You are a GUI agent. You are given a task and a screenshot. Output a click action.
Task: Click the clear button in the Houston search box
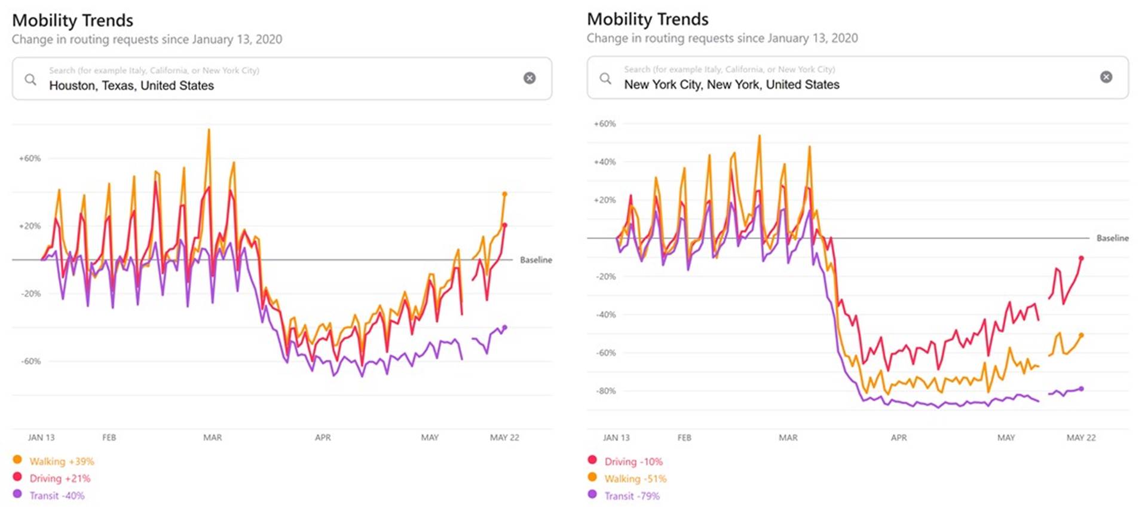(x=529, y=78)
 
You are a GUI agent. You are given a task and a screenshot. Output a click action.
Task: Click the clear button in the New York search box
(x=1106, y=77)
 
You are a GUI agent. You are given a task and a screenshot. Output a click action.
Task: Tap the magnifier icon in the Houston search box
(x=30, y=79)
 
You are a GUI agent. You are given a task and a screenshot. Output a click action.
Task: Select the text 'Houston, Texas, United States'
(x=131, y=85)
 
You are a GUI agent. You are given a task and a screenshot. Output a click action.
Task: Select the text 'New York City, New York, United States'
(x=731, y=85)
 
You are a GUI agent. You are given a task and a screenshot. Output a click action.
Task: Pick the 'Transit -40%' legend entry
(x=57, y=495)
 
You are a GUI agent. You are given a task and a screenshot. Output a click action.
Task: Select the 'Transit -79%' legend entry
(x=632, y=496)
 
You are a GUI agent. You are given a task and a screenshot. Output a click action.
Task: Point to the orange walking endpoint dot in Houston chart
(x=504, y=194)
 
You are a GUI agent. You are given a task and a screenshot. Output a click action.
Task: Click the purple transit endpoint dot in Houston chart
(x=504, y=328)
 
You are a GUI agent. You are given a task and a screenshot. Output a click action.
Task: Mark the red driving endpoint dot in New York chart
(x=1081, y=258)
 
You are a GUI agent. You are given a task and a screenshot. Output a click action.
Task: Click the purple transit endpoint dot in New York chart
(x=1081, y=389)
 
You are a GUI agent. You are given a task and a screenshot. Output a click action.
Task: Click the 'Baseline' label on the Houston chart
(x=535, y=260)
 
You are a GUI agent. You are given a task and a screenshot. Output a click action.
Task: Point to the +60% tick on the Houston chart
(x=30, y=158)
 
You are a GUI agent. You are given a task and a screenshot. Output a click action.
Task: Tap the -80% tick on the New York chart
(x=605, y=391)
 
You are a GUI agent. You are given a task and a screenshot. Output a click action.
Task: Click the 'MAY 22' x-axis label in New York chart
(x=1081, y=437)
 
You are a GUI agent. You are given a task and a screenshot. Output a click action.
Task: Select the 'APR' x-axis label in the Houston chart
(x=323, y=437)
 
